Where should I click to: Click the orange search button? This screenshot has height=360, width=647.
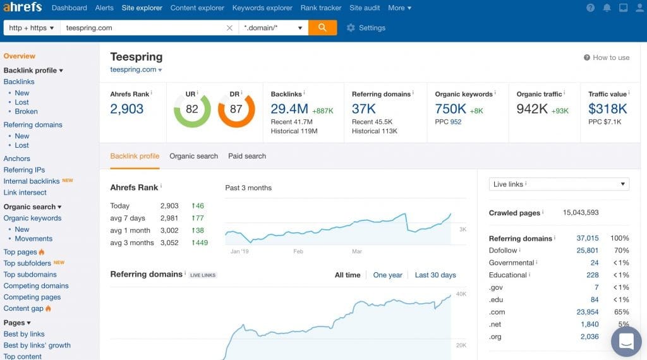(x=322, y=28)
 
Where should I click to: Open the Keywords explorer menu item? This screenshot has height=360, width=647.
(x=262, y=8)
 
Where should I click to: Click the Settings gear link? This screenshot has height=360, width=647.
(x=366, y=28)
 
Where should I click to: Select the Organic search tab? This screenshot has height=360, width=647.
(x=193, y=156)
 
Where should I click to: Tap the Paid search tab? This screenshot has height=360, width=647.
(x=247, y=156)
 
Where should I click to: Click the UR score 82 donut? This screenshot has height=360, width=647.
(x=192, y=109)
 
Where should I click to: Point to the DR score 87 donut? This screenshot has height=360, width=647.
(x=236, y=109)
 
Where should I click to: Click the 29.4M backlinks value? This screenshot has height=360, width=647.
(x=289, y=109)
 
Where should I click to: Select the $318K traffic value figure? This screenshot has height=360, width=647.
(x=608, y=109)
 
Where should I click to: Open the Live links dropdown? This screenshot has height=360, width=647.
(x=559, y=184)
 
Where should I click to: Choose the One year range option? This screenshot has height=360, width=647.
(x=387, y=275)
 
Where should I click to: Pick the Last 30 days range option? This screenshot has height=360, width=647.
(x=435, y=275)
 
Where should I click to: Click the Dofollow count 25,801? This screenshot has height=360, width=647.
(x=587, y=251)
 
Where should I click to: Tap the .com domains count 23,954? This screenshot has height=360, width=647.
(x=587, y=312)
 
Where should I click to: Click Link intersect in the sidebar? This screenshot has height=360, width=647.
(x=25, y=193)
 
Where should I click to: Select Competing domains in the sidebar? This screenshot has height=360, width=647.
(x=36, y=286)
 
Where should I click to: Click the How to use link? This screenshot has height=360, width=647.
(x=607, y=57)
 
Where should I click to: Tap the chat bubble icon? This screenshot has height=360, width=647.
(x=626, y=342)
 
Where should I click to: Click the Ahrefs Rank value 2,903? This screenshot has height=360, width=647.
(x=127, y=109)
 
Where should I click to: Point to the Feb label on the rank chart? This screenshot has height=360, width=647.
(x=298, y=251)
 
